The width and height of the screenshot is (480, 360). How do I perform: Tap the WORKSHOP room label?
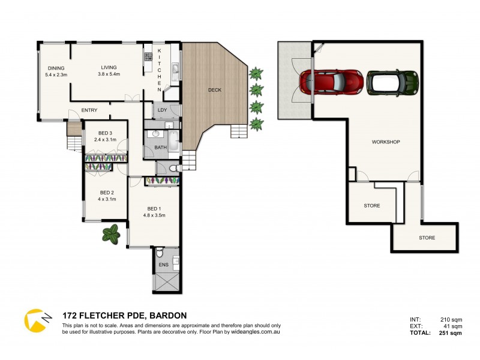(x=386, y=142)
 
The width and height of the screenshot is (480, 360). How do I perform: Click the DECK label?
(x=214, y=90)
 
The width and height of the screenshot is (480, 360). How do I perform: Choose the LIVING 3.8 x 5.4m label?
(x=109, y=71)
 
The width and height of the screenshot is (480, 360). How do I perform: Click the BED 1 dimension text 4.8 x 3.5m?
(x=154, y=215)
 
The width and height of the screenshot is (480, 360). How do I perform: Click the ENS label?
(x=163, y=265)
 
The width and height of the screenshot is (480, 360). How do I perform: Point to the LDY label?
(x=161, y=110)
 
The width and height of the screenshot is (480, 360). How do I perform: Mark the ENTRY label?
(x=89, y=110)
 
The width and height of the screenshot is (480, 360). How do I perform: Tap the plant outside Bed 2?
(x=110, y=233)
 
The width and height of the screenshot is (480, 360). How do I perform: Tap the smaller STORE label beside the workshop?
(x=371, y=206)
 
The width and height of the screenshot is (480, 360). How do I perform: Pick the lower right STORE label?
(x=427, y=238)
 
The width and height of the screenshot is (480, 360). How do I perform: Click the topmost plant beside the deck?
(x=256, y=74)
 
